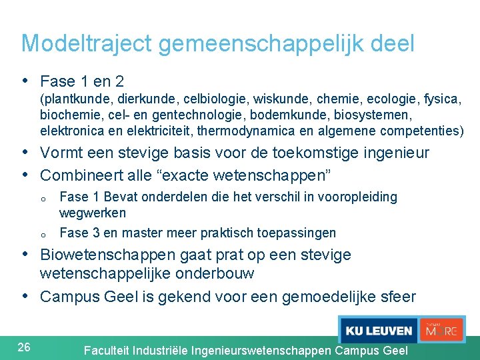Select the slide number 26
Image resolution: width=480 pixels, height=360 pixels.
click(x=24, y=347)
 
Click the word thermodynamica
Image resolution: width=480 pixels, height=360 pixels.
click(x=251, y=130)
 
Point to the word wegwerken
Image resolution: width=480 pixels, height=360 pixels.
click(x=93, y=213)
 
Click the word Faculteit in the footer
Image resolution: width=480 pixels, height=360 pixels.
click(x=107, y=350)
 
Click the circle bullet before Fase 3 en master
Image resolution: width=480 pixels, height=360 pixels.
click(x=42, y=234)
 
